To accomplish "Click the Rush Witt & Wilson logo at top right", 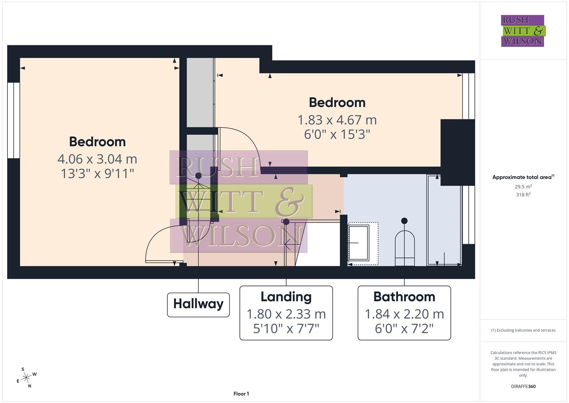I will click(522, 31).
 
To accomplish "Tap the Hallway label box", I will click(198, 304).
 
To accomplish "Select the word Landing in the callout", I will click(286, 297).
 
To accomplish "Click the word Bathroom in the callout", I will click(404, 297).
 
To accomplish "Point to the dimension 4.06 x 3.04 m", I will click(97, 159).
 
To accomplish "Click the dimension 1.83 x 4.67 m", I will click(337, 120).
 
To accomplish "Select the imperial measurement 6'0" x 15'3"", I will click(337, 134).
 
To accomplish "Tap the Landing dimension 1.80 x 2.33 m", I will click(286, 314).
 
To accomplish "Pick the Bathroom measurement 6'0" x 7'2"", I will click(404, 329).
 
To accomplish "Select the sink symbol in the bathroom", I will click(358, 243).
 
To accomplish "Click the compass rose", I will click(26, 378).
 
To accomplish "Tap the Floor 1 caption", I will click(241, 394).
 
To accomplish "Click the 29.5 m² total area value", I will click(523, 187).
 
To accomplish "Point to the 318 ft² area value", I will click(523, 195).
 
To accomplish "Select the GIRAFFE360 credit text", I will click(523, 387).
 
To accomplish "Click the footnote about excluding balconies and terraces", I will click(523, 330).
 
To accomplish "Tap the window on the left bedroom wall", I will click(13, 120).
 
